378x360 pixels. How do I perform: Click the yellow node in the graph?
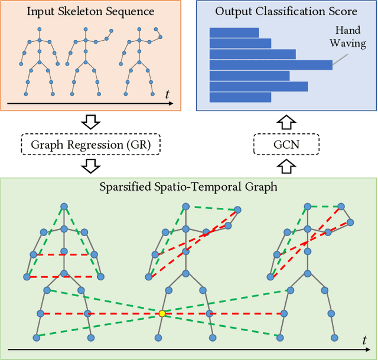click(x=162, y=313)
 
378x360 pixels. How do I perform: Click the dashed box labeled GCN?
click(x=286, y=144)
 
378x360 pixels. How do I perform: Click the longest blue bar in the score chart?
click(x=271, y=65)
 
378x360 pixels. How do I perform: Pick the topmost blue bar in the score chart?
click(x=234, y=32)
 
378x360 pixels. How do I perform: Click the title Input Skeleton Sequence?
click(x=90, y=11)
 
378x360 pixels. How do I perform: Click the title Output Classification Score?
click(x=286, y=11)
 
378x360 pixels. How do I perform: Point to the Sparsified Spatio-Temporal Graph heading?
click(x=189, y=188)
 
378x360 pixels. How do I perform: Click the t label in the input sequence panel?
click(x=167, y=94)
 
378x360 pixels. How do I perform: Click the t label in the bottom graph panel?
click(x=363, y=341)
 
